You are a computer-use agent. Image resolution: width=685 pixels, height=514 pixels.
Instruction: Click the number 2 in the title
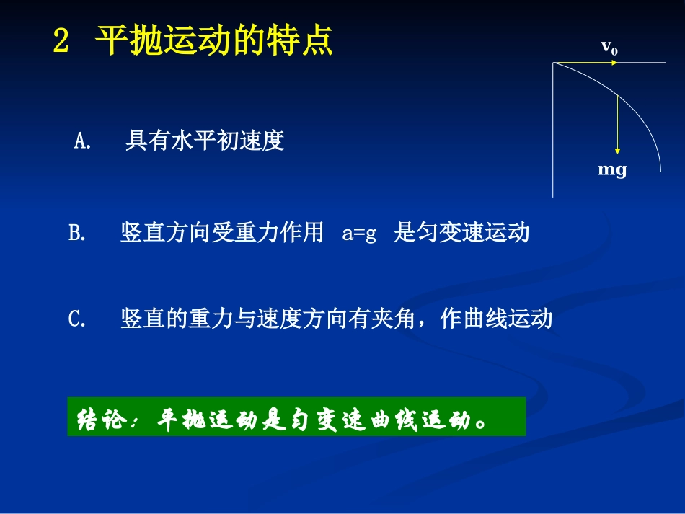[x=61, y=42]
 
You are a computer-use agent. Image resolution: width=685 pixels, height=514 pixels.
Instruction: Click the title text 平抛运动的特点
[x=214, y=41]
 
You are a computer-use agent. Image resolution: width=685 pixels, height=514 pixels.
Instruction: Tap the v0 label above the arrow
[x=609, y=48]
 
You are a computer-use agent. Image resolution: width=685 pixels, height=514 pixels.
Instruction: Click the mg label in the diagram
[x=612, y=170]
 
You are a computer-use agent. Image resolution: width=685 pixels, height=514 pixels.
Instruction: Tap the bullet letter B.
[x=76, y=234]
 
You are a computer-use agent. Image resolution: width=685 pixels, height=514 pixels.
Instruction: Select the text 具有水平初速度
[x=205, y=141]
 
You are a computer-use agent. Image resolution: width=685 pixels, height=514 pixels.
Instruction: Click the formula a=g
[x=359, y=234]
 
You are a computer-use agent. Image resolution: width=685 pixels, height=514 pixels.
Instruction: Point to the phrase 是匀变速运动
[x=461, y=234]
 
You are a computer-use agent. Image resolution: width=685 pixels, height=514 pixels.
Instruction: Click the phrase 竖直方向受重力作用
[x=222, y=234]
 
